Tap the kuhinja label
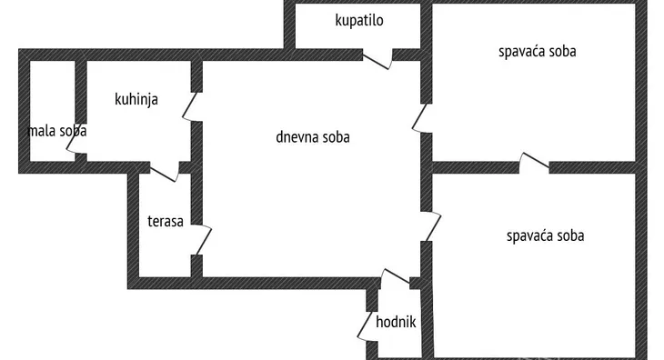(136, 99)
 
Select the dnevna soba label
(313, 138)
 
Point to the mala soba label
(57, 131)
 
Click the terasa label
(166, 220)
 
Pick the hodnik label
(396, 321)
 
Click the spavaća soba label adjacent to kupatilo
(537, 52)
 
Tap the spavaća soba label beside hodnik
(545, 235)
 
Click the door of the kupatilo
(377, 59)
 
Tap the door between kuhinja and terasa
(165, 170)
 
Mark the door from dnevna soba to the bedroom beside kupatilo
(422, 117)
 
